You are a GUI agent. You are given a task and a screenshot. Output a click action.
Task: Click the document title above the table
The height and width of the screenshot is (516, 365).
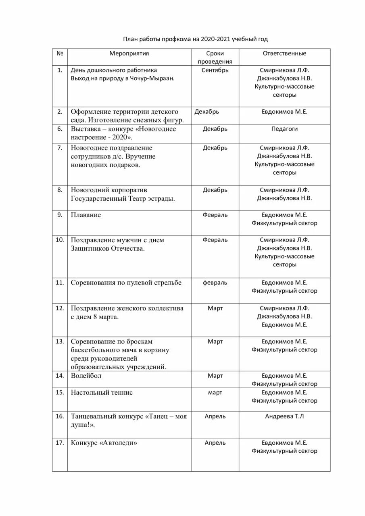195,39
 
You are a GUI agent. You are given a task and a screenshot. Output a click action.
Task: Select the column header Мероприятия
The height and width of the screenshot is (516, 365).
129,53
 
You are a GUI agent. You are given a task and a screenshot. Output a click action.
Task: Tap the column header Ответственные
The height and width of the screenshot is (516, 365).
284,53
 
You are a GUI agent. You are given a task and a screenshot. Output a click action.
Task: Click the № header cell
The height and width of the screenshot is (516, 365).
60,53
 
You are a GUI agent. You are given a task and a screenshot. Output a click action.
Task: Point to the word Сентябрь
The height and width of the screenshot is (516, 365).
215,70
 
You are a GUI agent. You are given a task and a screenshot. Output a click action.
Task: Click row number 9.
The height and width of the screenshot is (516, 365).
60,214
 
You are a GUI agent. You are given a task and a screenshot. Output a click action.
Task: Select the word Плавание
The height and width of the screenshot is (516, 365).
86,215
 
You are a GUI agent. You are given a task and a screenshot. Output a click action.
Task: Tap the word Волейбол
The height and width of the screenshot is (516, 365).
86,376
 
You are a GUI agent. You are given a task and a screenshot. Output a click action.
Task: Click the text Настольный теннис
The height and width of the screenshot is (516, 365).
102,392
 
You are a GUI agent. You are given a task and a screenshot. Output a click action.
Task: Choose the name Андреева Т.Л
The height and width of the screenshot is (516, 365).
284,416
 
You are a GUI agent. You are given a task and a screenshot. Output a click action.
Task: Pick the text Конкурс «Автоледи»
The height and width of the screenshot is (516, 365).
104,443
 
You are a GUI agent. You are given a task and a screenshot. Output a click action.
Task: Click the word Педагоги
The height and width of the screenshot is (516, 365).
284,129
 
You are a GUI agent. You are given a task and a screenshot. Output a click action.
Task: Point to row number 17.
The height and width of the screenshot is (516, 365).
60,443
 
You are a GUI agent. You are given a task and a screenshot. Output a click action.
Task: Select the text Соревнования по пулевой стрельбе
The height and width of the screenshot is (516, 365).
126,283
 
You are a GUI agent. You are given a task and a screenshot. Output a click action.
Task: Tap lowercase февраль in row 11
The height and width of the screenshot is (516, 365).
215,283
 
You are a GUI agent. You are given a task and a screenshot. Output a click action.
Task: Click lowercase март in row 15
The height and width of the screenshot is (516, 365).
215,392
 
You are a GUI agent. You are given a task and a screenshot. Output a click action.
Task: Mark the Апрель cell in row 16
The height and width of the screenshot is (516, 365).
215,416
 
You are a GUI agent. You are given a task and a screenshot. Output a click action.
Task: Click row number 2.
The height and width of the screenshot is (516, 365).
60,111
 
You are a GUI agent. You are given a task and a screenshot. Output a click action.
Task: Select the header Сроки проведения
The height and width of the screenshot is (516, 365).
215,57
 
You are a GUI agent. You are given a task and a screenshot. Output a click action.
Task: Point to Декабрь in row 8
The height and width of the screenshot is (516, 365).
215,189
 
